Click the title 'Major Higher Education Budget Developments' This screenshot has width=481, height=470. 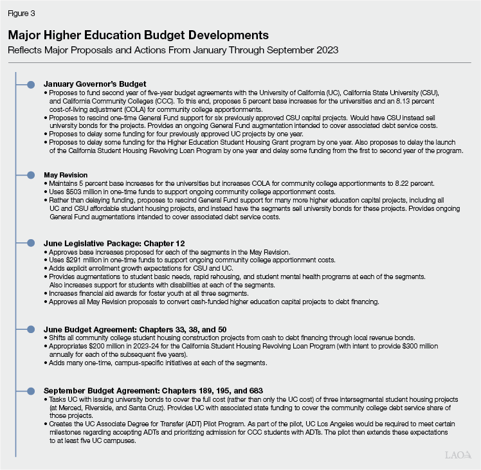pyautogui.click(x=138, y=34)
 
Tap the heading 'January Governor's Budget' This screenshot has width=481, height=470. pyautogui.click(x=95, y=84)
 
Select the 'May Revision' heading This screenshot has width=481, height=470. pyautogui.click(x=66, y=175)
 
